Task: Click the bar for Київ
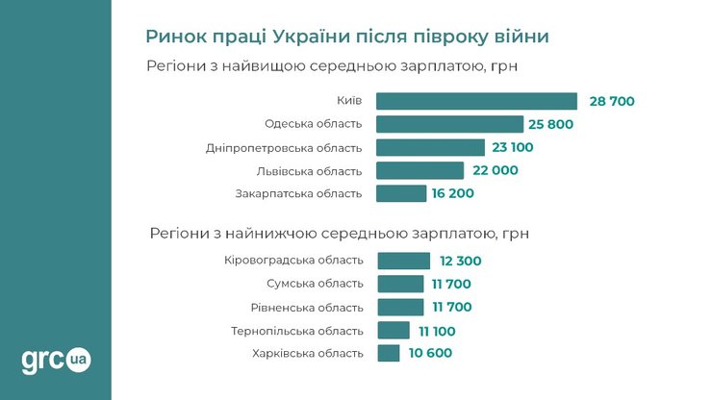[476, 101]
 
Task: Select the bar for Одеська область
[449, 124]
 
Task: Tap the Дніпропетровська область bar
[430, 147]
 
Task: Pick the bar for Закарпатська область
[401, 193]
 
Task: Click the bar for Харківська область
[389, 353]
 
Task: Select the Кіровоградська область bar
[404, 261]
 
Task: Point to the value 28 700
[612, 101]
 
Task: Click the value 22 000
[496, 170]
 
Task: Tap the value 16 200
[453, 193]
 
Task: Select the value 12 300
[460, 261]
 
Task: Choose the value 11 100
[437, 331]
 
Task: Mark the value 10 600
[429, 353]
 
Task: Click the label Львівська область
[309, 170]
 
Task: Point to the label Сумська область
[315, 284]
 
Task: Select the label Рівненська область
[307, 307]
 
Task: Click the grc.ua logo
[56, 361]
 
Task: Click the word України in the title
[311, 37]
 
